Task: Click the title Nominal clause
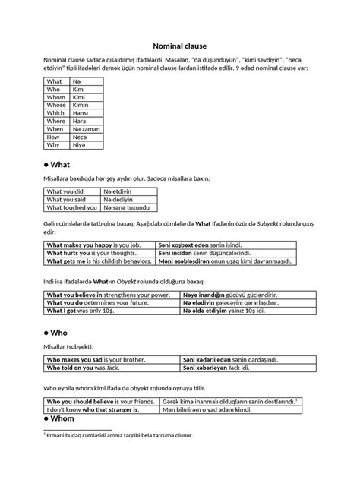pyautogui.click(x=179, y=45)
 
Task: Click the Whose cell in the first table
pyautogui.click(x=55, y=106)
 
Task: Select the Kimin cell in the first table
pyautogui.click(x=79, y=106)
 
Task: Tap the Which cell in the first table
pyautogui.click(x=55, y=113)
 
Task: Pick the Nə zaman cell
pyautogui.click(x=86, y=129)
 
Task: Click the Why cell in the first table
pyautogui.click(x=53, y=145)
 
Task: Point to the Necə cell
pyautogui.click(x=80, y=137)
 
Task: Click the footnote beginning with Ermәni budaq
pyautogui.click(x=118, y=435)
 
